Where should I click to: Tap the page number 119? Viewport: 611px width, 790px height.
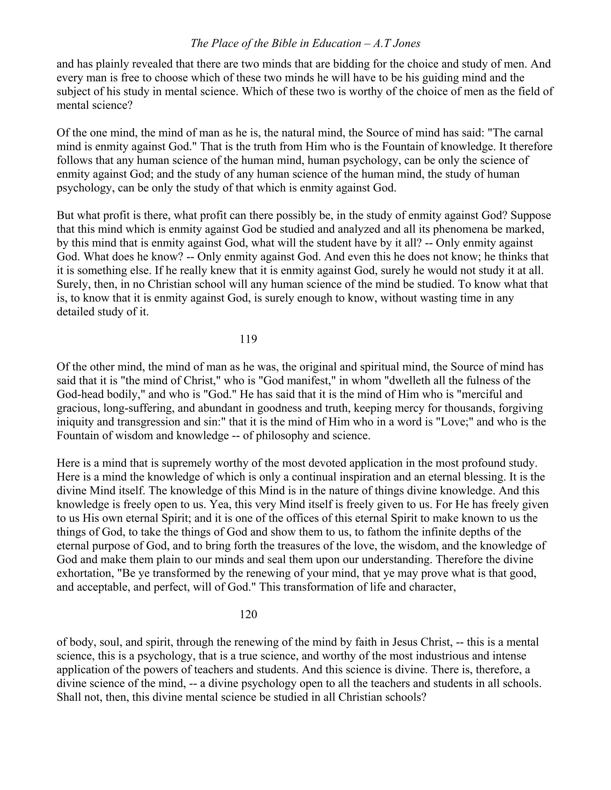coord(248,339)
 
